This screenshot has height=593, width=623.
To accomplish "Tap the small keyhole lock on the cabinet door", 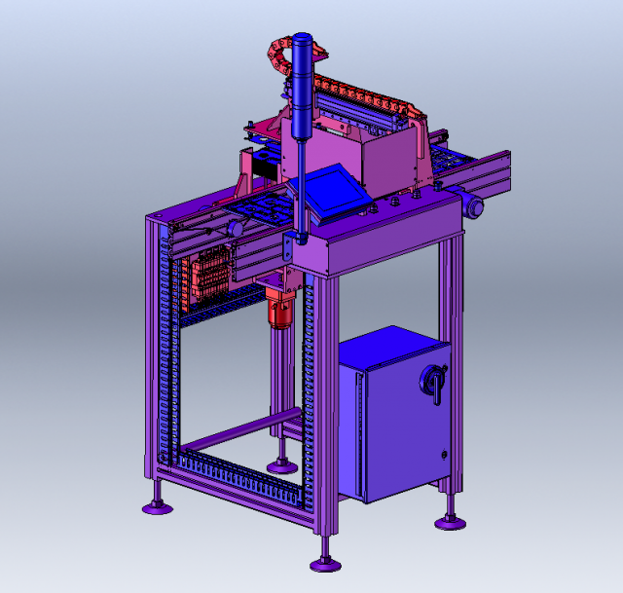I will tap(443, 454).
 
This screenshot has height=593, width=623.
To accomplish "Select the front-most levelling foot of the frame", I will tap(325, 563).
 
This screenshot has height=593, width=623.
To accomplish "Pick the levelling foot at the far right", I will tap(450, 522).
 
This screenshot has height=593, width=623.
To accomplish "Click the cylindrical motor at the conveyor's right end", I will tap(474, 205).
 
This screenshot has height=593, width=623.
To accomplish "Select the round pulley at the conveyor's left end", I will tap(235, 228).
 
